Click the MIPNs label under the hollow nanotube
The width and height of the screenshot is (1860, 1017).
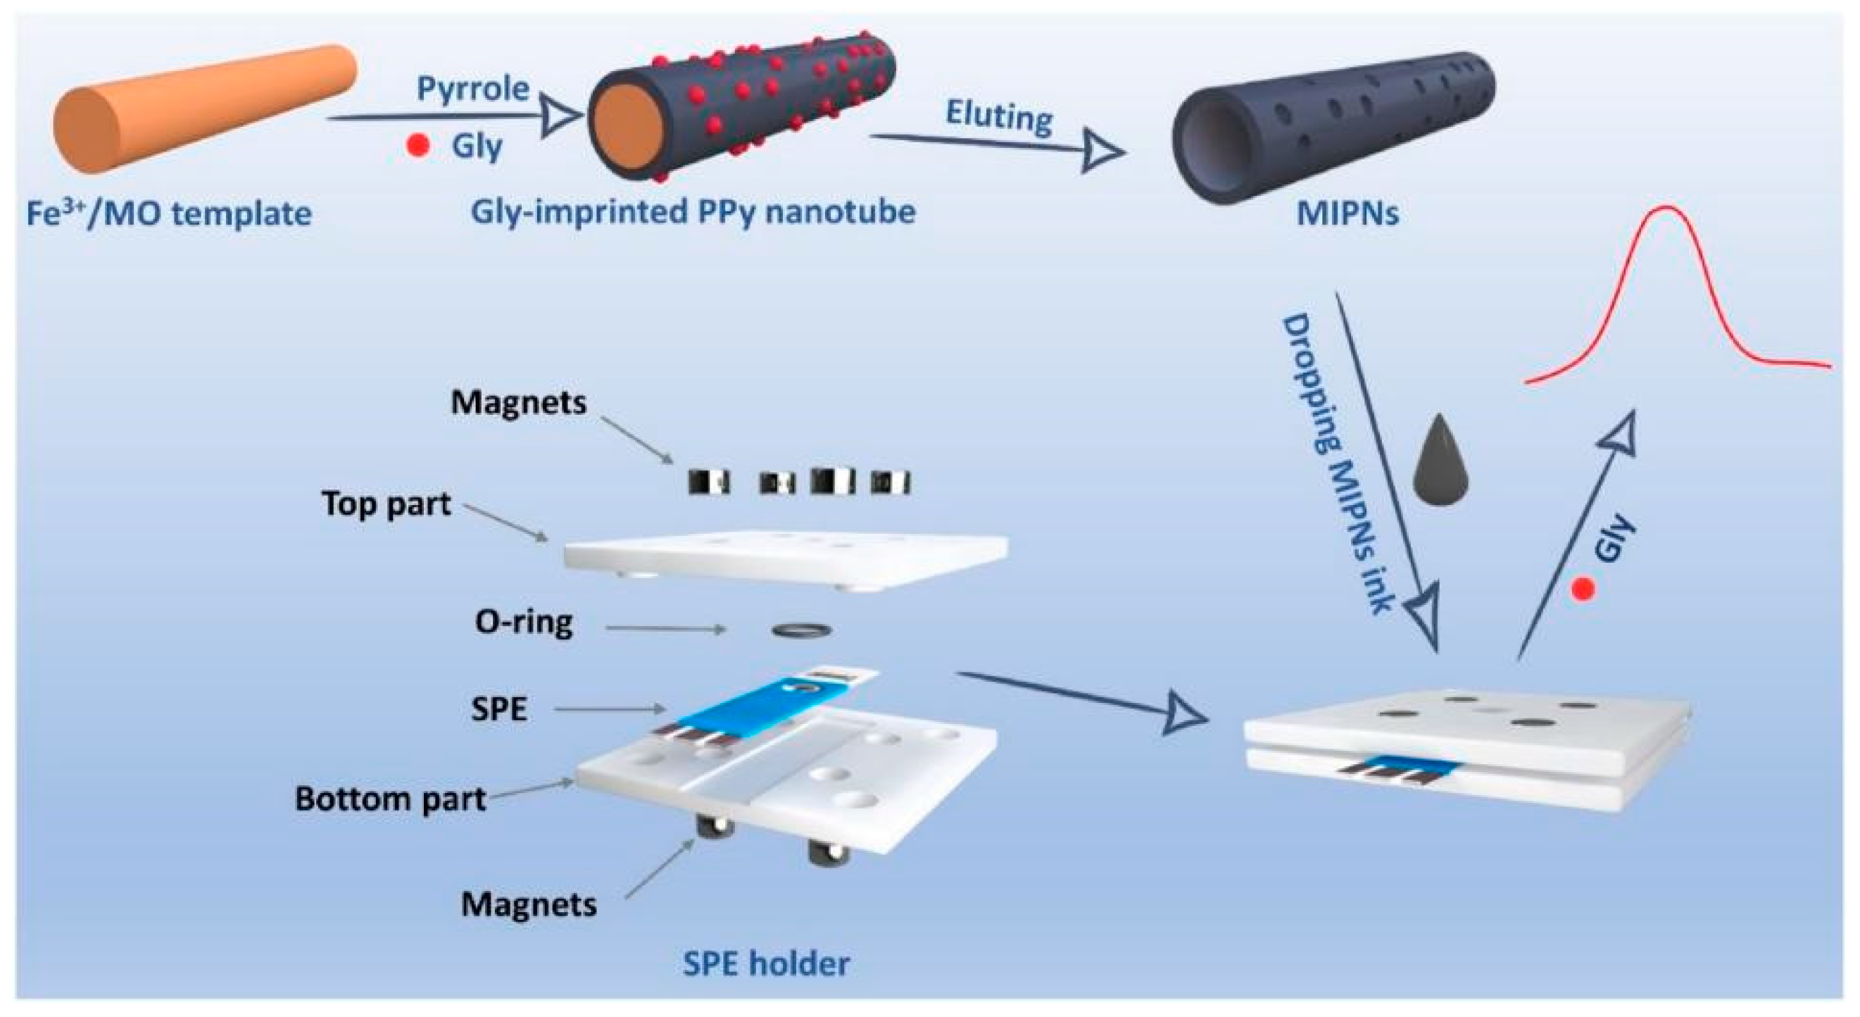(x=1347, y=215)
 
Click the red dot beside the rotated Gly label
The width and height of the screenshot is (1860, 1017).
(x=1583, y=589)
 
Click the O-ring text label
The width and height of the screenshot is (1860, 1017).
(x=524, y=622)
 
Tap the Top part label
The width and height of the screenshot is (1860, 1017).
(x=387, y=504)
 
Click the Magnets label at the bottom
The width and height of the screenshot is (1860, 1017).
(x=529, y=904)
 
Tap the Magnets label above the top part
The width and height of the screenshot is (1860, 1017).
(x=518, y=402)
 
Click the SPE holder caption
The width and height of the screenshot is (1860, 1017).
(x=766, y=963)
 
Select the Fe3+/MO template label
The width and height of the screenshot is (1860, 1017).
(x=169, y=215)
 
